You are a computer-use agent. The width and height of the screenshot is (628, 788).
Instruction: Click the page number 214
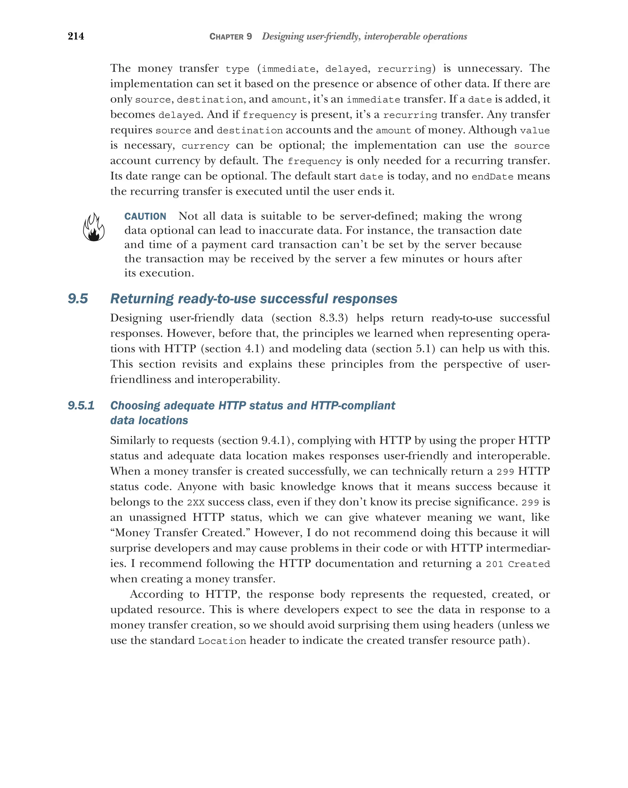tap(76, 36)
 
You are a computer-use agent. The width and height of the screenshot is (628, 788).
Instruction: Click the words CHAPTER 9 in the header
tap(231, 37)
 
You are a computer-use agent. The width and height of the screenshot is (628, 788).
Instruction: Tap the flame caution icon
tap(94, 227)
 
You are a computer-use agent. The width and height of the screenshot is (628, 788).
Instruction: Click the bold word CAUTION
tap(145, 216)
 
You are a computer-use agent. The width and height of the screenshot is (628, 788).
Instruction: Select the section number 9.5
tap(78, 299)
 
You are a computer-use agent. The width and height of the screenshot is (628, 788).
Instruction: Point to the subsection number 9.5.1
tap(81, 405)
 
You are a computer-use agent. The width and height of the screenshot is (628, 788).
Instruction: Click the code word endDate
tap(492, 177)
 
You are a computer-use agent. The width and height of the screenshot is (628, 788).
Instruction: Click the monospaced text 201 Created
tap(517, 564)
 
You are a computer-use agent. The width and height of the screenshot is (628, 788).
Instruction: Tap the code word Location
tap(222, 641)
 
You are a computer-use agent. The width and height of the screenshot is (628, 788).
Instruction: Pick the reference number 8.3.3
tap(331, 318)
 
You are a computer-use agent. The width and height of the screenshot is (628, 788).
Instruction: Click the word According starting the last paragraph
tap(156, 594)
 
